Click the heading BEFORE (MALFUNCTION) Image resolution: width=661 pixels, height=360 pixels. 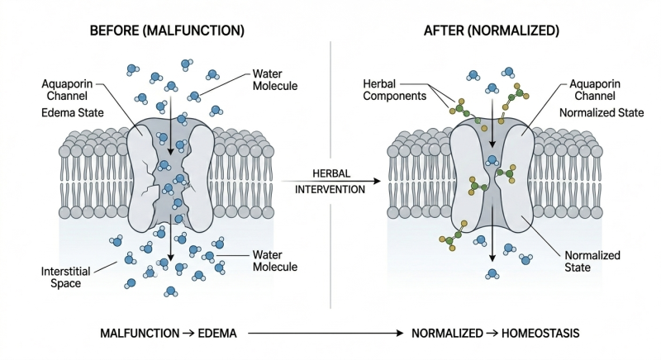pos(167,31)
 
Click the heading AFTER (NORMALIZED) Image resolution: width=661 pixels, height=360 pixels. pos(491,31)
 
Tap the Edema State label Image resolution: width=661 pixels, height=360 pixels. pos(73,113)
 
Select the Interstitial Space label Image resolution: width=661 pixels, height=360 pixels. pos(65,277)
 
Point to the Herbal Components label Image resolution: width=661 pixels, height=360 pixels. pos(395,90)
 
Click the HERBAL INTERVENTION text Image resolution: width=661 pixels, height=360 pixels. pos(330,182)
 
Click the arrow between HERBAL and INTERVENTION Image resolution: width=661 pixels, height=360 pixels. pos(331,182)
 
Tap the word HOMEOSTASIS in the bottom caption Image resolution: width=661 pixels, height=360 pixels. pos(540,334)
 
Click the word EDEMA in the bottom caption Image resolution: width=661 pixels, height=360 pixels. pos(217,334)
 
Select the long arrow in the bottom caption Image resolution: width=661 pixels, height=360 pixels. pos(326,334)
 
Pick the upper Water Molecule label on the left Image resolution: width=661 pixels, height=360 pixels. pos(275,80)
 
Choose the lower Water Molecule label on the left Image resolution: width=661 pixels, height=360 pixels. pos(275,261)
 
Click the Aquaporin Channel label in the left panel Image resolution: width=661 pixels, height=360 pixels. pos(67,90)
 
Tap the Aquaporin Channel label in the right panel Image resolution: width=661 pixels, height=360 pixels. pos(595,90)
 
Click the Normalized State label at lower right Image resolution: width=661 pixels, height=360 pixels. pos(592,262)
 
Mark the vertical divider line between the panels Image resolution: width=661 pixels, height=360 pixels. pos(330,175)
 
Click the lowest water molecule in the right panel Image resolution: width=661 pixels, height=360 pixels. pos(492,274)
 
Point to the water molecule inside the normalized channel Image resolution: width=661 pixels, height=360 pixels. pos(492,160)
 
